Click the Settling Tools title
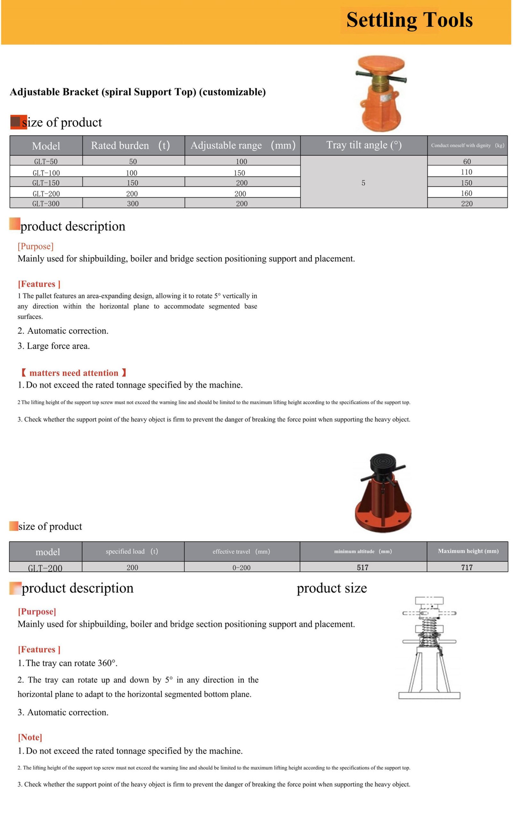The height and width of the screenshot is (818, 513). (409, 20)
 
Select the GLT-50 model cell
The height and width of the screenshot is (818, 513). (46, 162)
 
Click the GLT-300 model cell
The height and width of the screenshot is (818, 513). (46, 204)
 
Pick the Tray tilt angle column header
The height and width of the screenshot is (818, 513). (364, 145)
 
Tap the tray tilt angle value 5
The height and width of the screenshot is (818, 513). (363, 183)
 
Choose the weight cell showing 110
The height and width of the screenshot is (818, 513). (467, 172)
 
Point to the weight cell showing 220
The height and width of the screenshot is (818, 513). (467, 204)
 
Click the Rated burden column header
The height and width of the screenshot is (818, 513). (130, 146)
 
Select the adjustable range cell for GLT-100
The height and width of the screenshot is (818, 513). (240, 173)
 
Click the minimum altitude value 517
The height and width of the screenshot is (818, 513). (362, 567)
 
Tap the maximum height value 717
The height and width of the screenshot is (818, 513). (467, 567)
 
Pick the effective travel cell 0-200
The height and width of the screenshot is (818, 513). (241, 567)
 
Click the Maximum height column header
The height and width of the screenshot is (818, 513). (468, 551)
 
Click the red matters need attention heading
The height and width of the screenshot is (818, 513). (74, 373)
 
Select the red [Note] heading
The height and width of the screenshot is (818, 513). (30, 737)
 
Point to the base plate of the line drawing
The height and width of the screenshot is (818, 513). (429, 695)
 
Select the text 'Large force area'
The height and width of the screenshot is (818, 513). (58, 346)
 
